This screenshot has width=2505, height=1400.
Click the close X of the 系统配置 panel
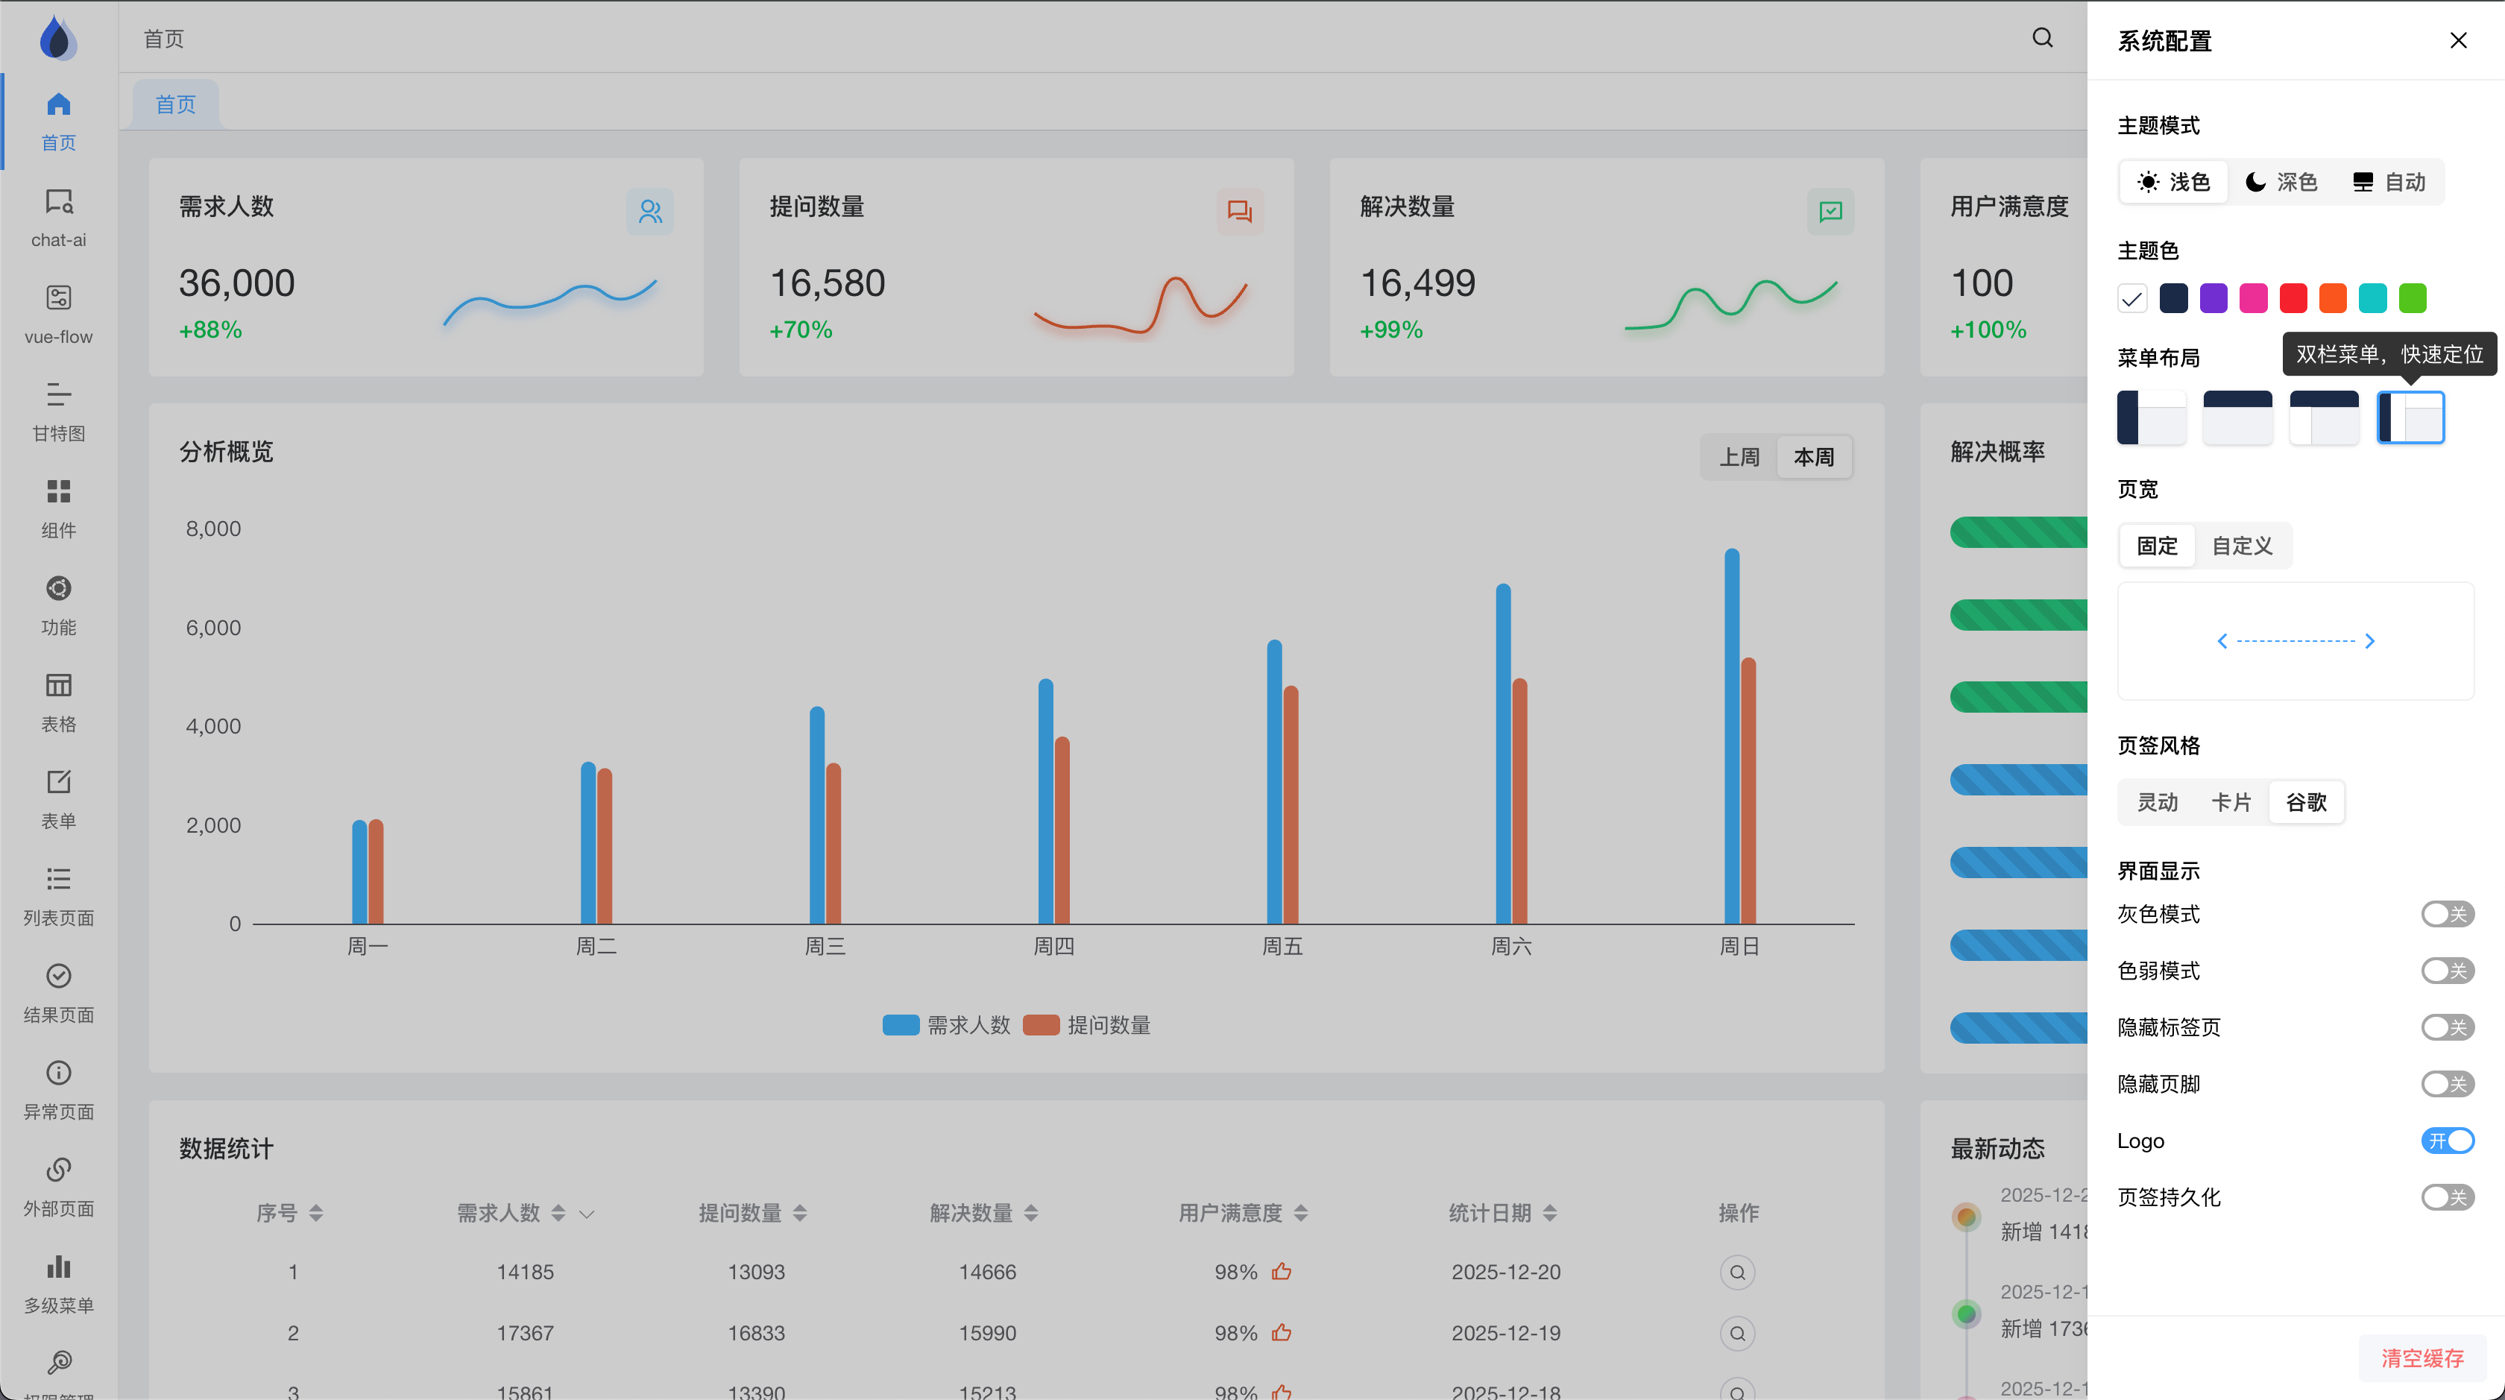pyautogui.click(x=2457, y=41)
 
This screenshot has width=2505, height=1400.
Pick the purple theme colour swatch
pyautogui.click(x=2213, y=298)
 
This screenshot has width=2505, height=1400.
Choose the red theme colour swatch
pyautogui.click(x=2293, y=298)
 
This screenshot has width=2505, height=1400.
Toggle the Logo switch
pyautogui.click(x=2447, y=1141)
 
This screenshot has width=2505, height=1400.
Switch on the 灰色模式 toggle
pyautogui.click(x=2447, y=914)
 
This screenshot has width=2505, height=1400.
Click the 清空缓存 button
pyautogui.click(x=2421, y=1358)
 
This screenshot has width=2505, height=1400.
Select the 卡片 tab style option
pyautogui.click(x=2231, y=802)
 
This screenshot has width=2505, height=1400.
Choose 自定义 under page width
pyautogui.click(x=2242, y=546)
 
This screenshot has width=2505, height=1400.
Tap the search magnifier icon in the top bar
pyautogui.click(x=2042, y=38)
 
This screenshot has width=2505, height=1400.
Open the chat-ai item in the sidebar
pyautogui.click(x=58, y=218)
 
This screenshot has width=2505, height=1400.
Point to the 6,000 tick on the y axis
pyautogui.click(x=213, y=628)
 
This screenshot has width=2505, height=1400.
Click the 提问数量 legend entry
pyautogui.click(x=1087, y=1025)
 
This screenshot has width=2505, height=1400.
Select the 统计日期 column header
pyautogui.click(x=1490, y=1212)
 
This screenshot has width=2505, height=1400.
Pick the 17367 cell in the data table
pyautogui.click(x=525, y=1333)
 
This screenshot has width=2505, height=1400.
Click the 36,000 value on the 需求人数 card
pyautogui.click(x=236, y=283)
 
